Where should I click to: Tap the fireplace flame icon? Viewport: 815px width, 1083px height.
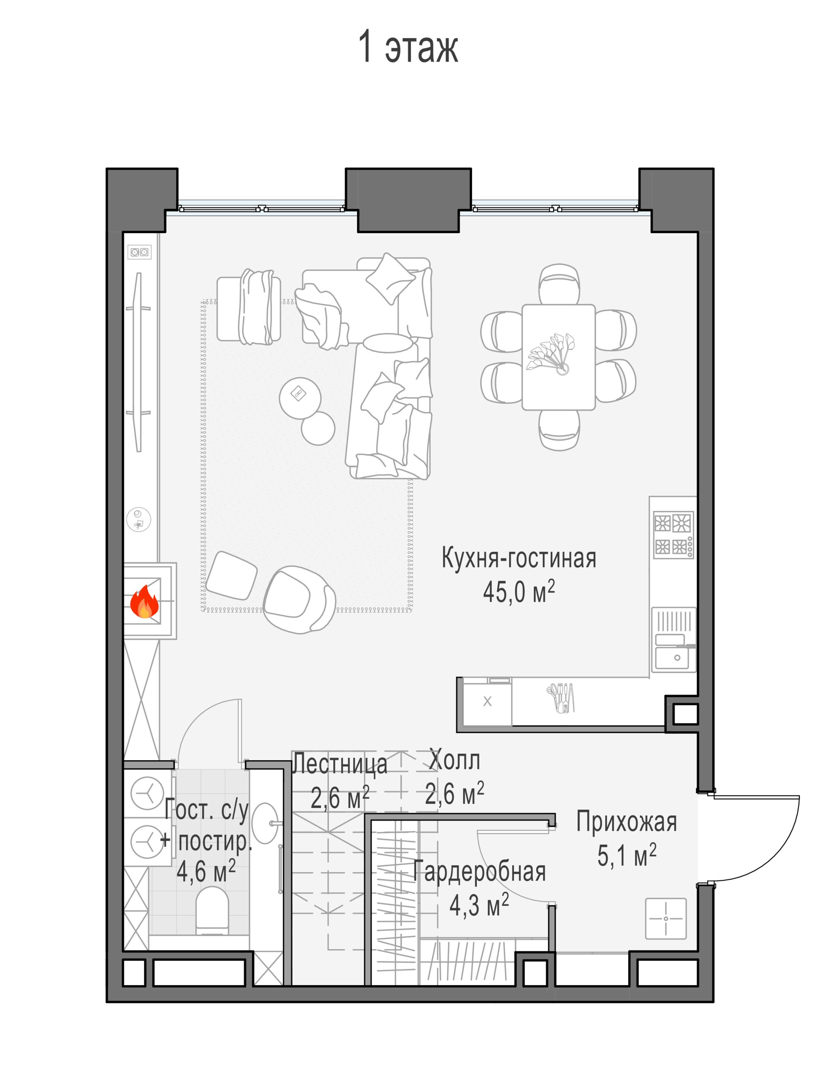[x=144, y=602]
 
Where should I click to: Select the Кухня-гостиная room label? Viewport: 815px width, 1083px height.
[x=519, y=558]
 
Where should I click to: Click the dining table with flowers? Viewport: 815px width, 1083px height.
[x=558, y=357]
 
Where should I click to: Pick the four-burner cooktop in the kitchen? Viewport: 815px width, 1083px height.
[x=673, y=535]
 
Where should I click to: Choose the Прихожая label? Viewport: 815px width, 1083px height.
[x=626, y=821]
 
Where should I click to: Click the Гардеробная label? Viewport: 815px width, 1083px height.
[x=479, y=872]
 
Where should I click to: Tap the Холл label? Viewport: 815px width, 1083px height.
[x=454, y=760]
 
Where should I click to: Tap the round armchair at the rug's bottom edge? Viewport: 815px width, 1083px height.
[x=299, y=600]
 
